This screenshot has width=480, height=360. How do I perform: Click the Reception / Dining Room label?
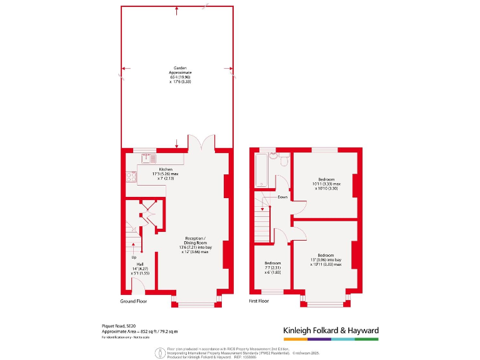click(x=195, y=245)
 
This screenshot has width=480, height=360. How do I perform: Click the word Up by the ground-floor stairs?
click(x=133, y=257)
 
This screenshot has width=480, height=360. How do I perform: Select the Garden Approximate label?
click(x=178, y=74)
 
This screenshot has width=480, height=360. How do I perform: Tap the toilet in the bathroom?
click(x=284, y=161)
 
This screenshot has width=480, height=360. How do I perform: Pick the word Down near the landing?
click(x=282, y=197)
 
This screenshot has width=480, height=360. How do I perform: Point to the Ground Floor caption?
click(x=134, y=301)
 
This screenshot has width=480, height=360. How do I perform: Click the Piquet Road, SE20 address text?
click(x=119, y=326)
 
